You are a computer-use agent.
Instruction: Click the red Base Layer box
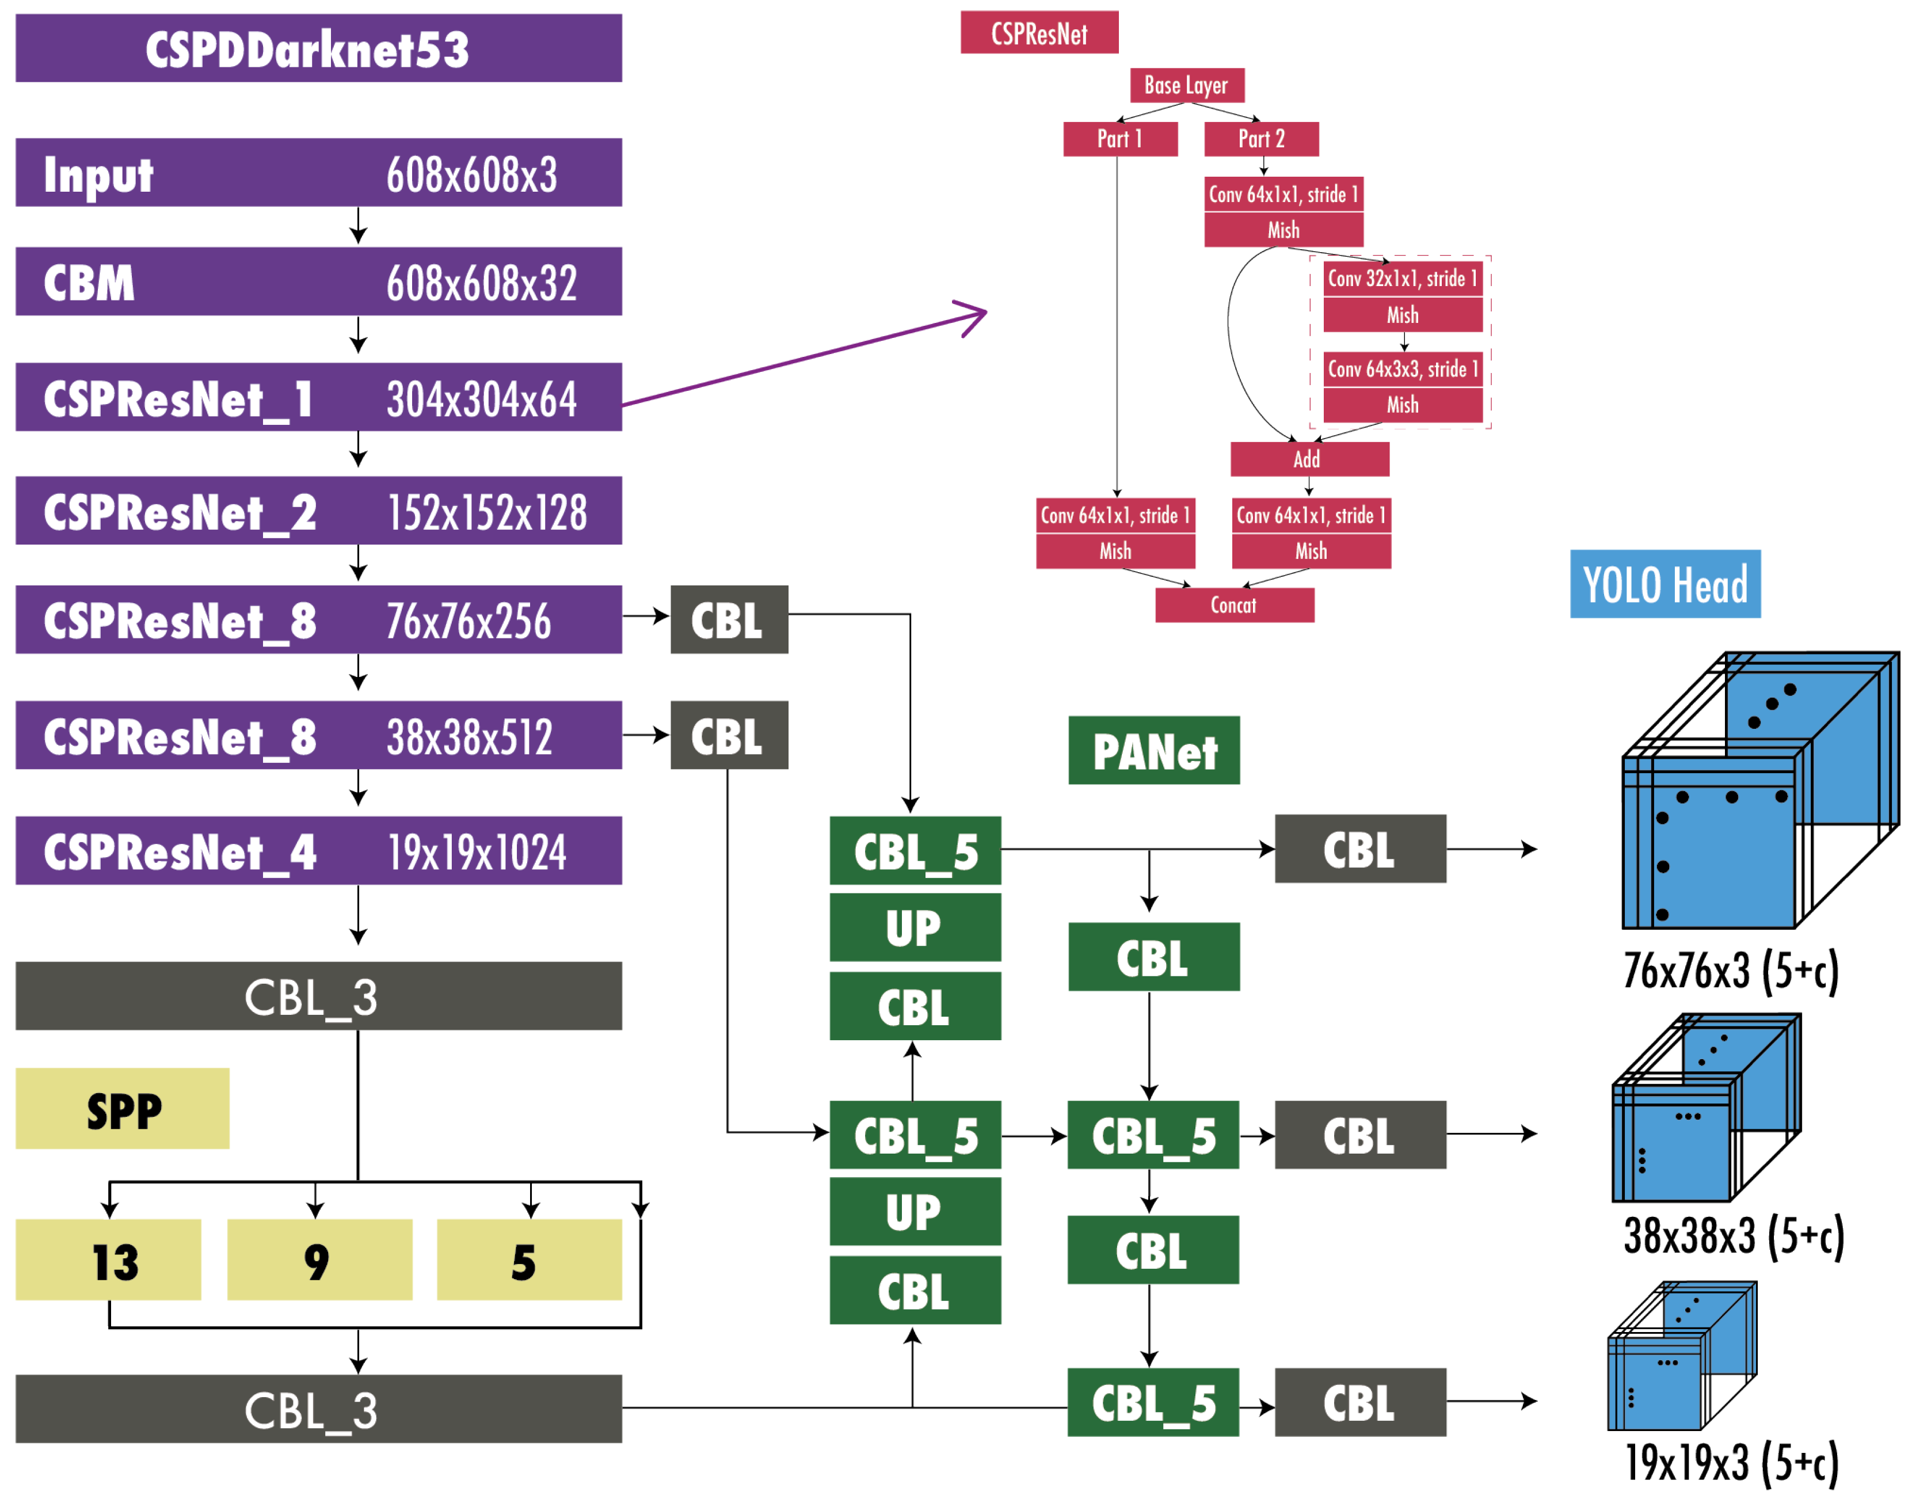[1191, 85]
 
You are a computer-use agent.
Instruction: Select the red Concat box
[1240, 607]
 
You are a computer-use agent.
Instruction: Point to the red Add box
[1315, 461]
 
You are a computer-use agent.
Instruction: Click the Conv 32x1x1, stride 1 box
[1409, 279]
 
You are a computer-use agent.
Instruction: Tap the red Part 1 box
[1125, 139]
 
